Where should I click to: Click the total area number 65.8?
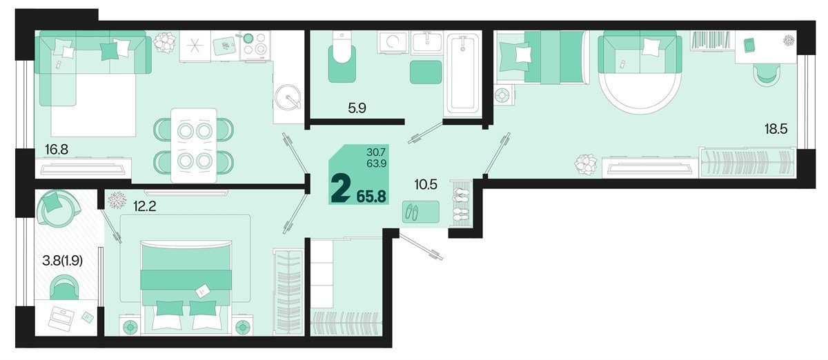tap(371, 196)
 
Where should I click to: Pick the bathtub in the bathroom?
tap(462, 74)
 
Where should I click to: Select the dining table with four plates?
tap(193, 145)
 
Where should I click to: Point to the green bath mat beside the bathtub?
tap(426, 72)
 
